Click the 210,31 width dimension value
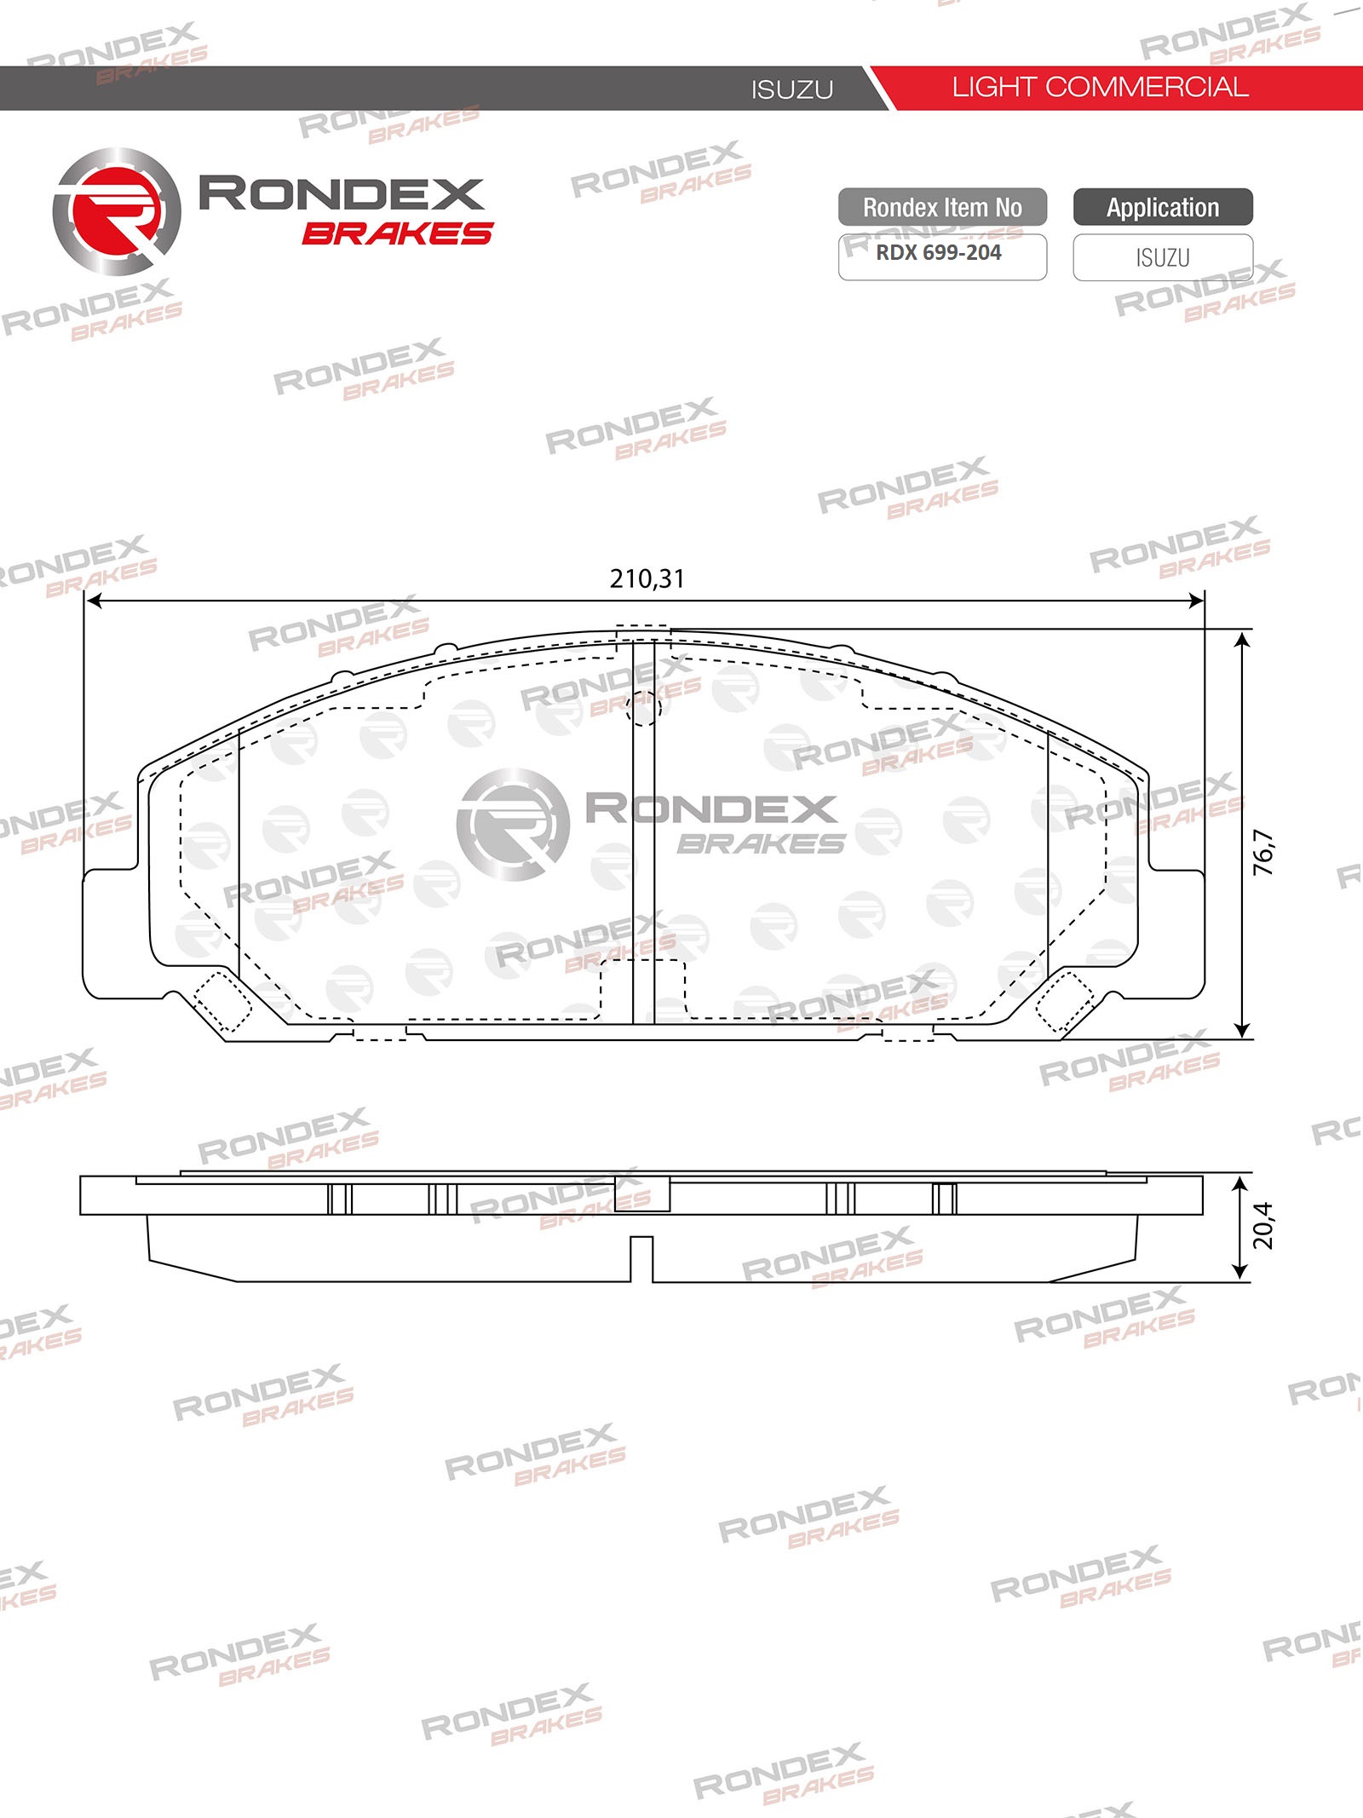647,579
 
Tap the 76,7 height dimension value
1263,852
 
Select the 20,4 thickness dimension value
1263,1225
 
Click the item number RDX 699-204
938,253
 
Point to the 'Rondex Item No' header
942,207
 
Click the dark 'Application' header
1163,207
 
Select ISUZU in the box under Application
1163,257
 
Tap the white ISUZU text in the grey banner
792,89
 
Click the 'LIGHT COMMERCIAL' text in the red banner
1100,87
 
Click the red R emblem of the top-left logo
117,212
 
